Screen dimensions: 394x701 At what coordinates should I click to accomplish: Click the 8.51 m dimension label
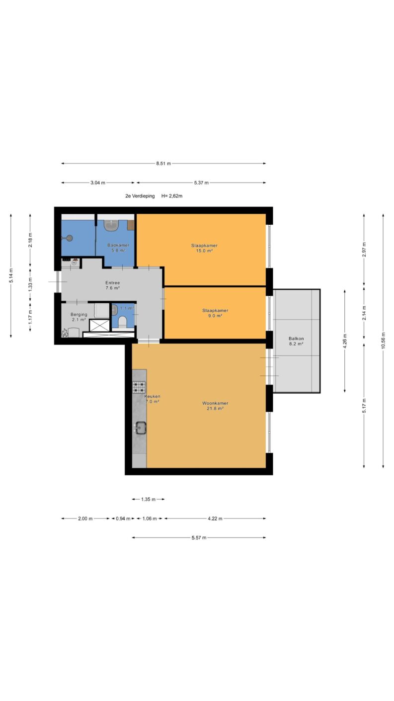tap(163, 164)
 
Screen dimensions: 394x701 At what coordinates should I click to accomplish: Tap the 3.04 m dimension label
tap(98, 183)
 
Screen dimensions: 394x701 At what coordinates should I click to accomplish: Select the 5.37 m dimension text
tap(201, 183)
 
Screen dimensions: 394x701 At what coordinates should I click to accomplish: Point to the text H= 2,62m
tap(172, 196)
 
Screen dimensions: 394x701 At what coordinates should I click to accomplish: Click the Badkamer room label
tap(118, 246)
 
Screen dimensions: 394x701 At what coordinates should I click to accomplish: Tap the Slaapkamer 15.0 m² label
tap(204, 248)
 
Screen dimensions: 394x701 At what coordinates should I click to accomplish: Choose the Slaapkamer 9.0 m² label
tap(215, 313)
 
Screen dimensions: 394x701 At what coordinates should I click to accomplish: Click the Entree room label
tap(113, 283)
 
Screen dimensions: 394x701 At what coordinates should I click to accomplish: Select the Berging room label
tap(79, 315)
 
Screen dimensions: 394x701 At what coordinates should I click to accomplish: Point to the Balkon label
tap(296, 339)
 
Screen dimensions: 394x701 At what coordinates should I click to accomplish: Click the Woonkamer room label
tap(215, 403)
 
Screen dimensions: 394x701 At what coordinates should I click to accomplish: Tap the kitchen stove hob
tap(139, 387)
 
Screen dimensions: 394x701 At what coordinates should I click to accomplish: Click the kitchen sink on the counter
tap(141, 428)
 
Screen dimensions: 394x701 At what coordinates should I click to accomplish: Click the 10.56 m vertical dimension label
tap(384, 341)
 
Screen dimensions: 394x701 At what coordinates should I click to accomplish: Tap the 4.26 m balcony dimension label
tap(345, 341)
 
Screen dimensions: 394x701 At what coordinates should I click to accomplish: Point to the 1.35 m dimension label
tap(148, 500)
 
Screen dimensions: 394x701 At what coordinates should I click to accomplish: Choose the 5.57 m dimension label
tap(199, 538)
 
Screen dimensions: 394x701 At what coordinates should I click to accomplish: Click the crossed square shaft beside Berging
tap(99, 326)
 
